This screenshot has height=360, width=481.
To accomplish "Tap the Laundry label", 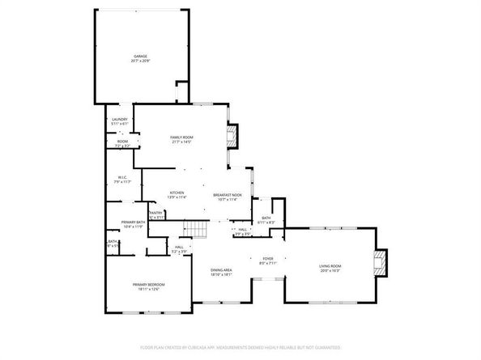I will tap(120, 120).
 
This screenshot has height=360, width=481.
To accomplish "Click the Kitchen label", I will tap(177, 193).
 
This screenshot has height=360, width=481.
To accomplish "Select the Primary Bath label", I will tap(133, 222).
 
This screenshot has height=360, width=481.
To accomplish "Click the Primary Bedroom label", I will tap(149, 284).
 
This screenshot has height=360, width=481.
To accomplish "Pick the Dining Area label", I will tap(222, 270).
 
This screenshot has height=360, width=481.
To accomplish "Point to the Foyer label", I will tap(268, 259).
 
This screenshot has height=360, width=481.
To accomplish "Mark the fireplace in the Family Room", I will tap(235, 134).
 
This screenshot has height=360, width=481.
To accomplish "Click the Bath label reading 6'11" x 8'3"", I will tap(266, 220).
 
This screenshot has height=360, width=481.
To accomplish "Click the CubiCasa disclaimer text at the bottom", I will tap(240, 348).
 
